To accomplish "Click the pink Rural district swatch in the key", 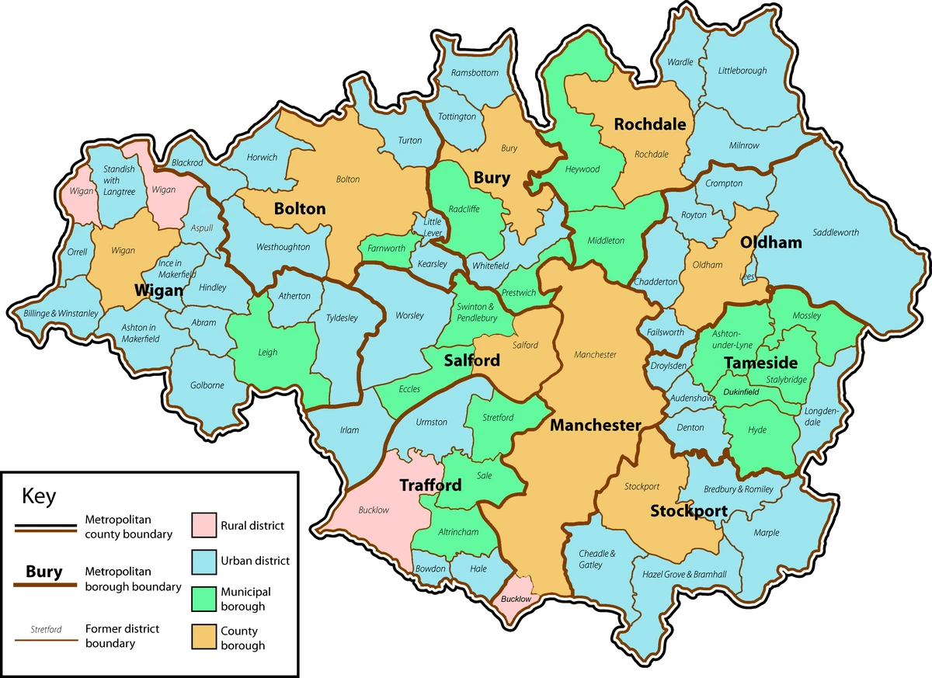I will tap(203, 525).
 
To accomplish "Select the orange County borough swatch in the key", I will tap(203, 638).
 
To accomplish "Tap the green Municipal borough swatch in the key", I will tap(203, 599).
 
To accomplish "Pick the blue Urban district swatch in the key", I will tap(203, 561).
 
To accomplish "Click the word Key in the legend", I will tap(39, 495).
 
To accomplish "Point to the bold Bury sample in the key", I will tap(43, 572).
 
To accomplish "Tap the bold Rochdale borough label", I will tap(649, 124).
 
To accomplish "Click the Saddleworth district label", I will tap(836, 232).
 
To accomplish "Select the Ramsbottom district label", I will tap(475, 73).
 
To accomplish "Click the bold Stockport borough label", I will tap(688, 511).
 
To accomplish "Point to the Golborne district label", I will tap(207, 385).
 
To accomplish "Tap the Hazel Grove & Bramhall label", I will tap(684, 574).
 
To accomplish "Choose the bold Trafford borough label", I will tap(429, 485).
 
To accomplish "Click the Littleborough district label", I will tap(742, 71).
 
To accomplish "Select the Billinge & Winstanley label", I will tap(61, 314).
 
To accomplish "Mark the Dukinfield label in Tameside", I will tap(740, 392).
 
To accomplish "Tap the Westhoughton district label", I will tap(283, 247).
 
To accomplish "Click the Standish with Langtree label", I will tap(119, 180).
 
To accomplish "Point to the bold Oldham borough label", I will tap(770, 242).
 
